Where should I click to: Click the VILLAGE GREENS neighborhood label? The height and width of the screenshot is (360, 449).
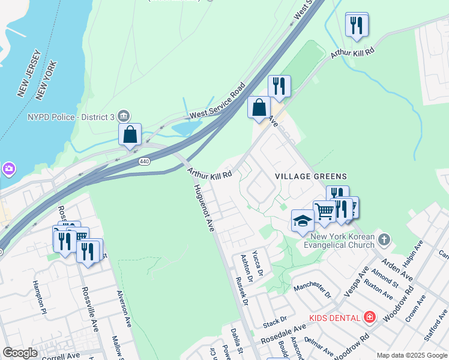311,176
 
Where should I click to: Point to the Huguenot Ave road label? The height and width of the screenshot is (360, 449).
205,208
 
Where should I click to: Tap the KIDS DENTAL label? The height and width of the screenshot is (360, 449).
335,317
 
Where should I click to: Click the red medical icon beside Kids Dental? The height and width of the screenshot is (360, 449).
370,317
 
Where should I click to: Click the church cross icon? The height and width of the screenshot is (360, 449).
385,241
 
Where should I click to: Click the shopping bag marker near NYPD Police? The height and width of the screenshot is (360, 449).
130,135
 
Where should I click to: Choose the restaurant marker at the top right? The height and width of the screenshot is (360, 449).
357,25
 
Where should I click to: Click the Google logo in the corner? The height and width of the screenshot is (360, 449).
20,353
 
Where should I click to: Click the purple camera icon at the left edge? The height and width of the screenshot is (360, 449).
8,169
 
